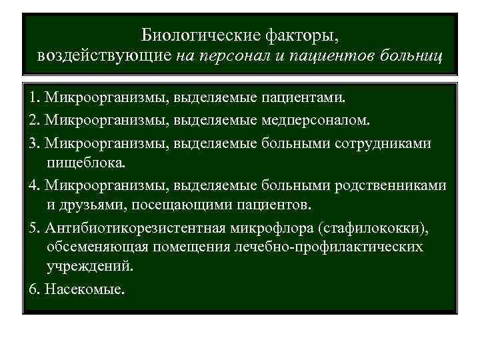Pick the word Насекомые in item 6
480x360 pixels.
click(x=83, y=291)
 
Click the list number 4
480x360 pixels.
click(x=34, y=185)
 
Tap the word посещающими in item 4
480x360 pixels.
click(x=175, y=202)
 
